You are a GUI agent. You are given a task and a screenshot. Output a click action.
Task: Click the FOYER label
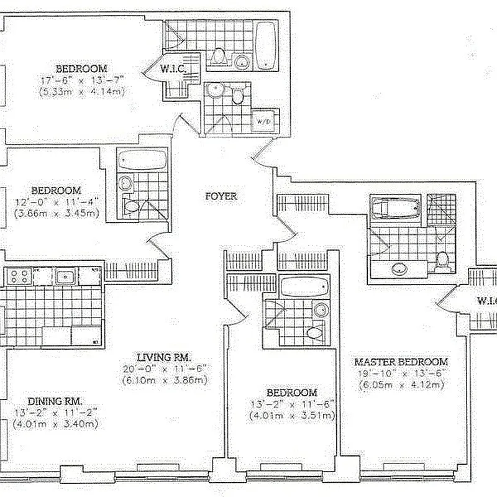point(221,196)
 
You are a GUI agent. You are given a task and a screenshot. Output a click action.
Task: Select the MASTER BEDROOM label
point(401,362)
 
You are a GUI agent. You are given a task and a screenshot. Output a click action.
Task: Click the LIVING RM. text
point(164,357)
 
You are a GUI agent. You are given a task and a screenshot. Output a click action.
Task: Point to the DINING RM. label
point(56,401)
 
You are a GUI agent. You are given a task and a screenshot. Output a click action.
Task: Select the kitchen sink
point(65,276)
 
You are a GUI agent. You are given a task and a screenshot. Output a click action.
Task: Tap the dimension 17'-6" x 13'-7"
point(90,80)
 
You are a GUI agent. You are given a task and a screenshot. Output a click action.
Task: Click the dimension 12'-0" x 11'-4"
point(56,202)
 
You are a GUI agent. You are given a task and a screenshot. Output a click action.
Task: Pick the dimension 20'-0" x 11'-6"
point(164,368)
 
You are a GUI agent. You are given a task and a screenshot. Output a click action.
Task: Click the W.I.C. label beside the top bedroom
point(173,69)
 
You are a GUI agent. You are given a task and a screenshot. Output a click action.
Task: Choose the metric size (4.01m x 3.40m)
point(56,425)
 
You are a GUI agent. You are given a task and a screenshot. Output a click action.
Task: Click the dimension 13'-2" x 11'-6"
point(292,404)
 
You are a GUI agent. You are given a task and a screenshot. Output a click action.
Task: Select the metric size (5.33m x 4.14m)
point(90,91)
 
